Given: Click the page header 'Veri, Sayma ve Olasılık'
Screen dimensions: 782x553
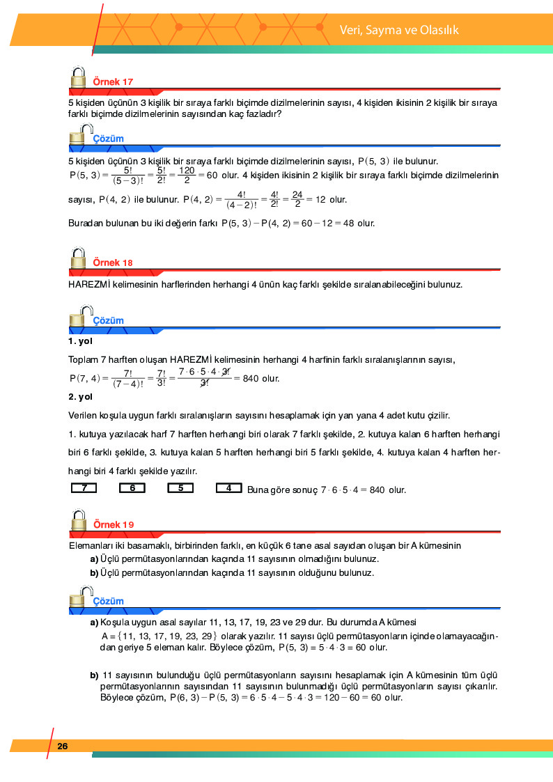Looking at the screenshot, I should click(x=399, y=30).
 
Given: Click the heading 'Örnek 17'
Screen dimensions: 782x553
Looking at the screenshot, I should click(x=113, y=81).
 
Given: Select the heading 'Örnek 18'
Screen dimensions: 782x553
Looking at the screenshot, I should click(x=113, y=263).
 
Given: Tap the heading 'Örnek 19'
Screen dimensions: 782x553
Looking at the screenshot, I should click(x=113, y=524).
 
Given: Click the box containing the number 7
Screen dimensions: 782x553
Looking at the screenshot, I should click(x=84, y=488).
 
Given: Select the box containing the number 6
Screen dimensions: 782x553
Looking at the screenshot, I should click(x=132, y=488).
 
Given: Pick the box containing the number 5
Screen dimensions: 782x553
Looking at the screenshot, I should click(x=180, y=488).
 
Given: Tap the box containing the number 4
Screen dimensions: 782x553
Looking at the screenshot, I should click(x=228, y=488).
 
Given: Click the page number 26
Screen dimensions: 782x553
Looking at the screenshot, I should click(x=63, y=746).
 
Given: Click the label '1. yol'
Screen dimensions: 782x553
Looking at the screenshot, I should click(x=80, y=341).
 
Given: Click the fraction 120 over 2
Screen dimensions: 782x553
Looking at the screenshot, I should click(x=186, y=175).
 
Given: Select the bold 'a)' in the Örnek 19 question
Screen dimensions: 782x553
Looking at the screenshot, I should click(x=93, y=559).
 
